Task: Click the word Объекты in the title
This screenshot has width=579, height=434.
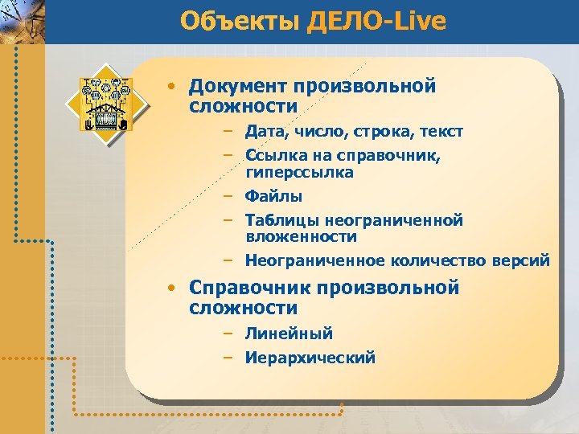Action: coord(240,21)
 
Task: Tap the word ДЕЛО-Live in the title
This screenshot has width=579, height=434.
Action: coord(376,21)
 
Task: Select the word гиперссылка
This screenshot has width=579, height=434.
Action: coord(300,173)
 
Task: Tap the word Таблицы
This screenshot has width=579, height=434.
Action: coord(281,220)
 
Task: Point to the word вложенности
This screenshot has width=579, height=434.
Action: coord(302,237)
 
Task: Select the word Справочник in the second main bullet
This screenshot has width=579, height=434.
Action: coord(249,288)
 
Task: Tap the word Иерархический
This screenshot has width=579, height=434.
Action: coord(310,358)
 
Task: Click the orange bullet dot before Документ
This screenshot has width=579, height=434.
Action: coord(172,86)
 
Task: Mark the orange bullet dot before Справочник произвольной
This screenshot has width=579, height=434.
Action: coord(172,288)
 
